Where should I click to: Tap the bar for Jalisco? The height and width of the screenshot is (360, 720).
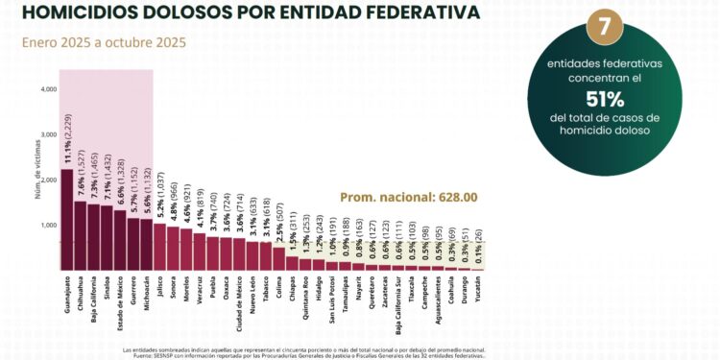pos(159,247)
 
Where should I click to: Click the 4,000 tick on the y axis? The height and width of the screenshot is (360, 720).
pos(49,89)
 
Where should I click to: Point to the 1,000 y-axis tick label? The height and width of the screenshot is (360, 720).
pos(49,226)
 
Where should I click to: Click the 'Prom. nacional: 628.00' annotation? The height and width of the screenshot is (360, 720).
pos(396,197)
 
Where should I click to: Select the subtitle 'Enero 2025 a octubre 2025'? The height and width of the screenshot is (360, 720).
pos(106,42)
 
